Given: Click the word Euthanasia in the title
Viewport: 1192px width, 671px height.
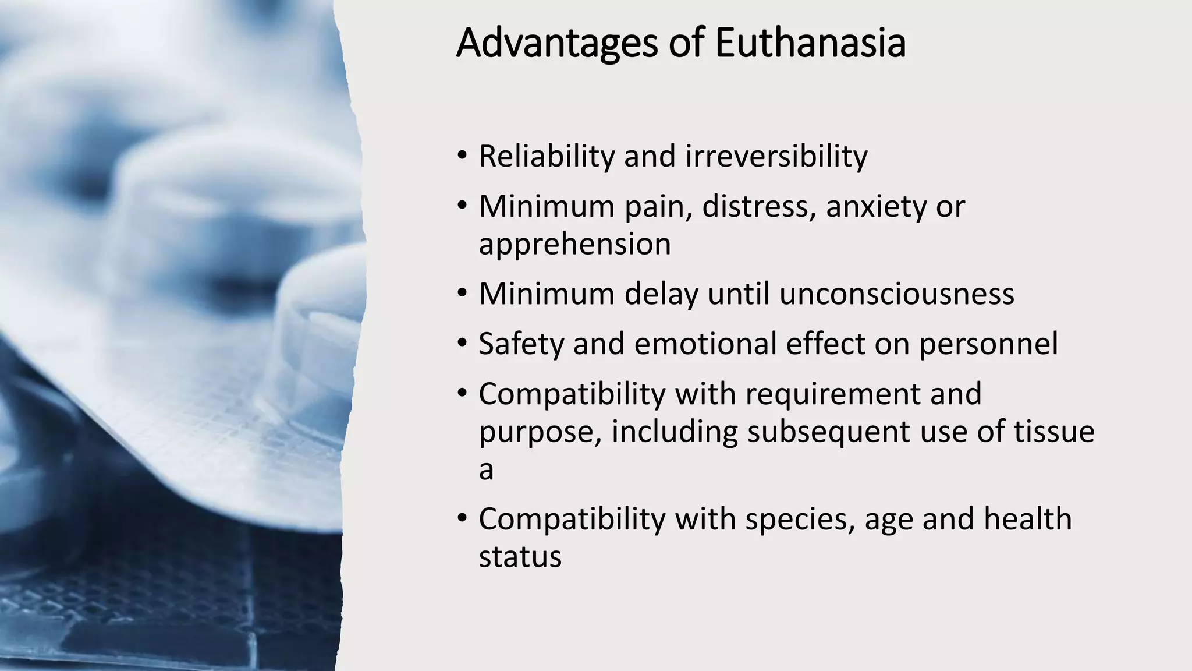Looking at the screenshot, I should (810, 43).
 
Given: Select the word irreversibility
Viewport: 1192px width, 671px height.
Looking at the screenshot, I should (776, 156).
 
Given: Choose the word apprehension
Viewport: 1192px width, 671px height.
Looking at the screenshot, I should (574, 245).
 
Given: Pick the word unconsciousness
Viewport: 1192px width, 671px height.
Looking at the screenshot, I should (896, 294).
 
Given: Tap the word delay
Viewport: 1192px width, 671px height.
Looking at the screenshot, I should (661, 294).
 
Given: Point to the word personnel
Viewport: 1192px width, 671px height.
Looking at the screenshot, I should (988, 344).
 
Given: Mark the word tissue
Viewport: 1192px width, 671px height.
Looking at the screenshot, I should (1054, 432).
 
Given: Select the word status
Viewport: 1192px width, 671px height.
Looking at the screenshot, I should (520, 557).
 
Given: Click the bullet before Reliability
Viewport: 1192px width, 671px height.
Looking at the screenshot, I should (462, 156).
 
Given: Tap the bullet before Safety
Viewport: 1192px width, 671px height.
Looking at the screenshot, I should (462, 344).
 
